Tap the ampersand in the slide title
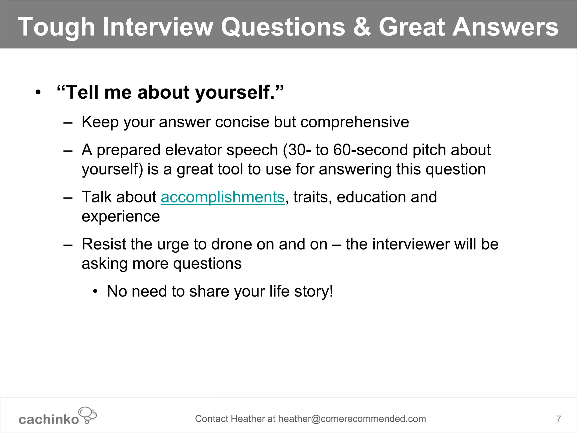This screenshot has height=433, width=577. [x=361, y=27]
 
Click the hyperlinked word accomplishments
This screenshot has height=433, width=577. [x=223, y=197]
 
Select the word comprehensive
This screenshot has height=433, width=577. [x=355, y=122]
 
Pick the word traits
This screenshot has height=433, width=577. [x=310, y=197]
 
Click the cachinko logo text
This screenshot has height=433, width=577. [x=48, y=419]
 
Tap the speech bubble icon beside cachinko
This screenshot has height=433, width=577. [x=88, y=415]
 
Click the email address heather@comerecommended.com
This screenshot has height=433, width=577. [x=352, y=419]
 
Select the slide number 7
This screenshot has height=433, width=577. [x=558, y=419]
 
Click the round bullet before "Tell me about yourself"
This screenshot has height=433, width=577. [x=38, y=92]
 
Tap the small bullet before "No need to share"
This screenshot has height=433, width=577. [x=96, y=291]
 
